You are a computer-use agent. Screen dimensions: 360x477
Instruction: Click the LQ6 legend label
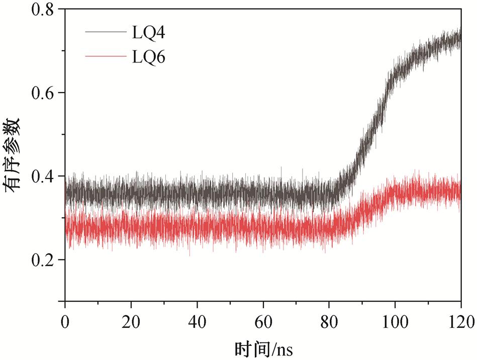[x=148, y=57]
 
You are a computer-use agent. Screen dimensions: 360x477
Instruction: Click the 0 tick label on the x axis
[x=65, y=320]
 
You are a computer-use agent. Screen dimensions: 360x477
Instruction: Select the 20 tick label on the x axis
[x=131, y=320]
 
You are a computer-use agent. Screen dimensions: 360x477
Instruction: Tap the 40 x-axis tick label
[x=197, y=320]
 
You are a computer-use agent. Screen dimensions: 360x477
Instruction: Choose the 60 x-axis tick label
[x=263, y=320]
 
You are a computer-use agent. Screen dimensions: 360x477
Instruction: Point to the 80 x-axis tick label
[x=329, y=320]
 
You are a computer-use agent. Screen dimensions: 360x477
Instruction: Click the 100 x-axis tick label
[x=395, y=320]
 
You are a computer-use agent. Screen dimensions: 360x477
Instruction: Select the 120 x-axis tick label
[x=459, y=320]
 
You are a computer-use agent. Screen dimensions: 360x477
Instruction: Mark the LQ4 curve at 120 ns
[x=460, y=39]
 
